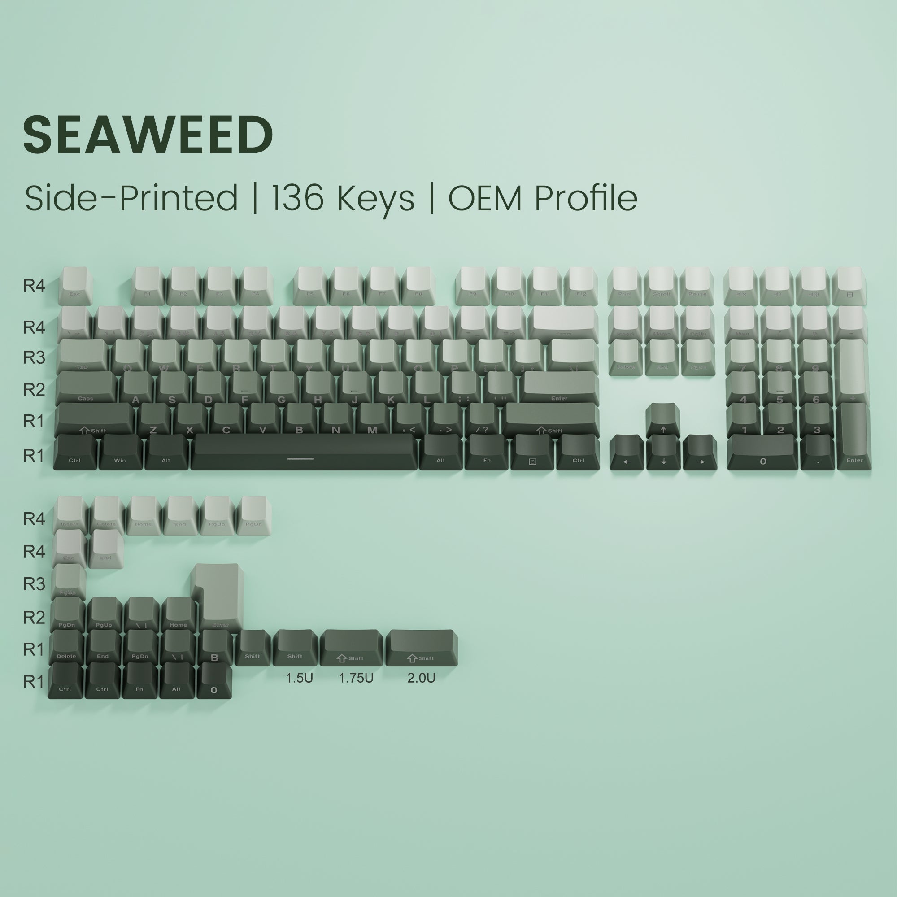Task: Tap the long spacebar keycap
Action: (x=303, y=451)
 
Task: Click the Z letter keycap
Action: (x=153, y=420)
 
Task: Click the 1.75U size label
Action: (x=356, y=678)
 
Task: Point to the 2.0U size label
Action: (x=421, y=678)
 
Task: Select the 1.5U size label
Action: (x=299, y=678)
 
